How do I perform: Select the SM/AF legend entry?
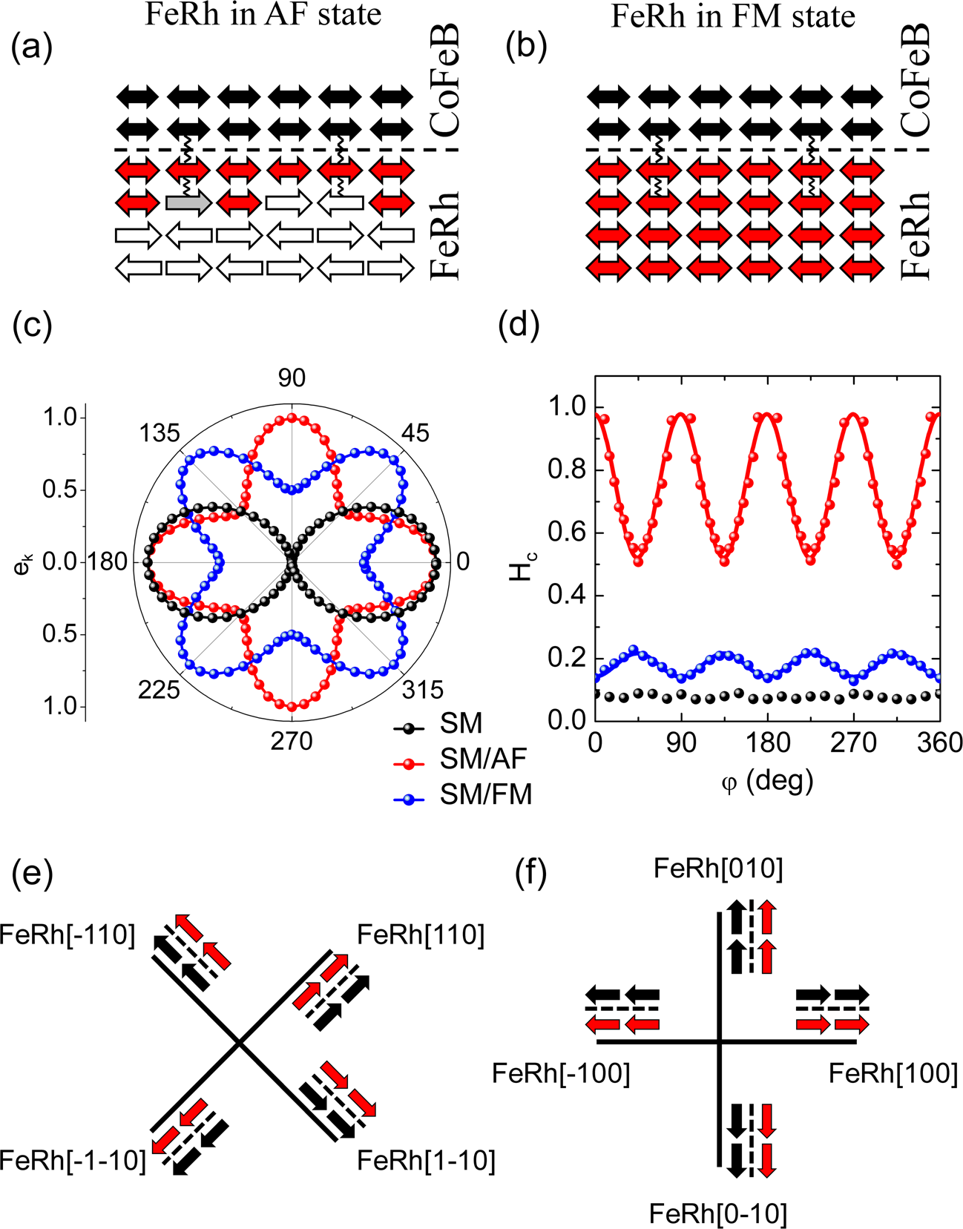(x=482, y=758)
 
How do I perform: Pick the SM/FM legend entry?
(x=485, y=794)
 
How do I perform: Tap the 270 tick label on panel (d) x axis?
(x=854, y=742)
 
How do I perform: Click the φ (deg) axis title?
(x=766, y=780)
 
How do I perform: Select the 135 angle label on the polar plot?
(x=159, y=432)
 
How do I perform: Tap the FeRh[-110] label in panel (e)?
(x=68, y=935)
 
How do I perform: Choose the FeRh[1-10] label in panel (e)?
(x=426, y=1160)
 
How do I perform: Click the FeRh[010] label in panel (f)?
(x=718, y=869)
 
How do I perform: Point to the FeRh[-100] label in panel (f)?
(x=561, y=1073)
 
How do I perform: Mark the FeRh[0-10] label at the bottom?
(x=717, y=1214)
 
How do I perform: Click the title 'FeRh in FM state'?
(x=732, y=16)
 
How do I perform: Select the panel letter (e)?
(x=33, y=874)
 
